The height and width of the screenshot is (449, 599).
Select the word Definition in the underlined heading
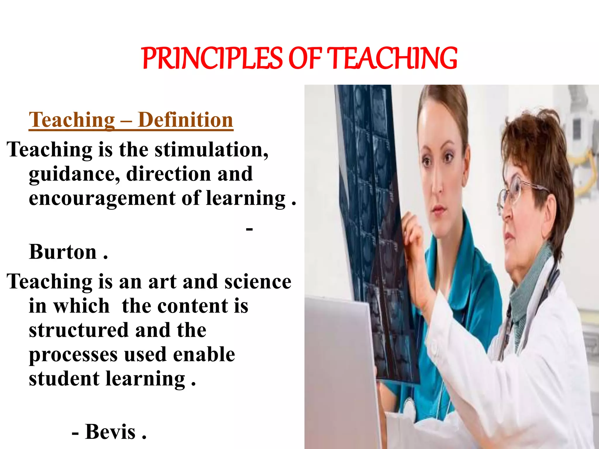185,120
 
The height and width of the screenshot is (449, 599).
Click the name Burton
63,252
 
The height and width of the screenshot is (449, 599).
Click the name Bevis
110,432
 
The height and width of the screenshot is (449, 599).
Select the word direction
168,174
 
